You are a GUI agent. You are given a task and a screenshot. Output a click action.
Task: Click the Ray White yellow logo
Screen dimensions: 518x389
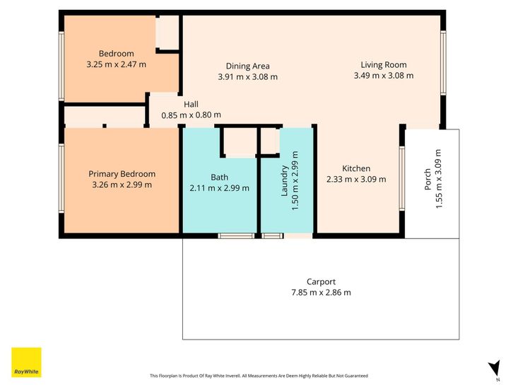click(x=26, y=362)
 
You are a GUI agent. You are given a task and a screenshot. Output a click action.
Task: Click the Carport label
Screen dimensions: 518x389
click(x=321, y=282)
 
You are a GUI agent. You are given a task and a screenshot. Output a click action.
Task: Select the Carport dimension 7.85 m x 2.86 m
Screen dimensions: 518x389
click(x=321, y=293)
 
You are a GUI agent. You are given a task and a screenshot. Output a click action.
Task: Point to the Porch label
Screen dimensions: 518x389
click(x=428, y=179)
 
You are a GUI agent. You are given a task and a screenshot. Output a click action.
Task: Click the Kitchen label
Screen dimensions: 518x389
click(x=356, y=168)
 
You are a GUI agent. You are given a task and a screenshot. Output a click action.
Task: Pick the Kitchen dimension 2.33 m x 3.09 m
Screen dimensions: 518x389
click(x=356, y=179)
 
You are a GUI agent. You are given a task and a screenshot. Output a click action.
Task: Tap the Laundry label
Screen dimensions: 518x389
click(x=284, y=181)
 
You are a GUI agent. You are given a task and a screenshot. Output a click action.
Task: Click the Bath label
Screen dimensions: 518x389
click(x=219, y=177)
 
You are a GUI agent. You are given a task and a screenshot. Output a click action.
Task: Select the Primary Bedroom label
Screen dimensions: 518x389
click(x=122, y=174)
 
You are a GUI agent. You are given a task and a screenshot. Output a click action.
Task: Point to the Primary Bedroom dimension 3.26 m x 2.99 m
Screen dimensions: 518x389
click(x=122, y=185)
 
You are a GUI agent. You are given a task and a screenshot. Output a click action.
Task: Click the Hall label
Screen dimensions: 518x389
click(x=191, y=105)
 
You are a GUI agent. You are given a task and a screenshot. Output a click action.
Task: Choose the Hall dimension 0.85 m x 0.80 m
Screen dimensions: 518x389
click(x=191, y=115)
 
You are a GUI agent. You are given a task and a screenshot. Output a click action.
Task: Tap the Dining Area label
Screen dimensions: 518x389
click(x=248, y=66)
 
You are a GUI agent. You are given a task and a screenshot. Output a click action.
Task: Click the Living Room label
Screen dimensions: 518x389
click(x=384, y=65)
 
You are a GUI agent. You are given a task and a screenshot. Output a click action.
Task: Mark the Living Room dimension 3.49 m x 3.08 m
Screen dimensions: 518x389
click(x=384, y=76)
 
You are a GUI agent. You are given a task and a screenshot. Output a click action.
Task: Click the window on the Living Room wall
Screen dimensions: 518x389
click(x=443, y=63)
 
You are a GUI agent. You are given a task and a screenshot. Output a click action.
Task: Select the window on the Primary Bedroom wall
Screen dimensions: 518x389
click(x=61, y=178)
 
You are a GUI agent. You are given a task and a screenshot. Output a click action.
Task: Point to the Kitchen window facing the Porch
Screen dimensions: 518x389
click(x=402, y=178)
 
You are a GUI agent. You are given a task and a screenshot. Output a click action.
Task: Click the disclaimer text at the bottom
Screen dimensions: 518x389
click(x=259, y=376)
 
